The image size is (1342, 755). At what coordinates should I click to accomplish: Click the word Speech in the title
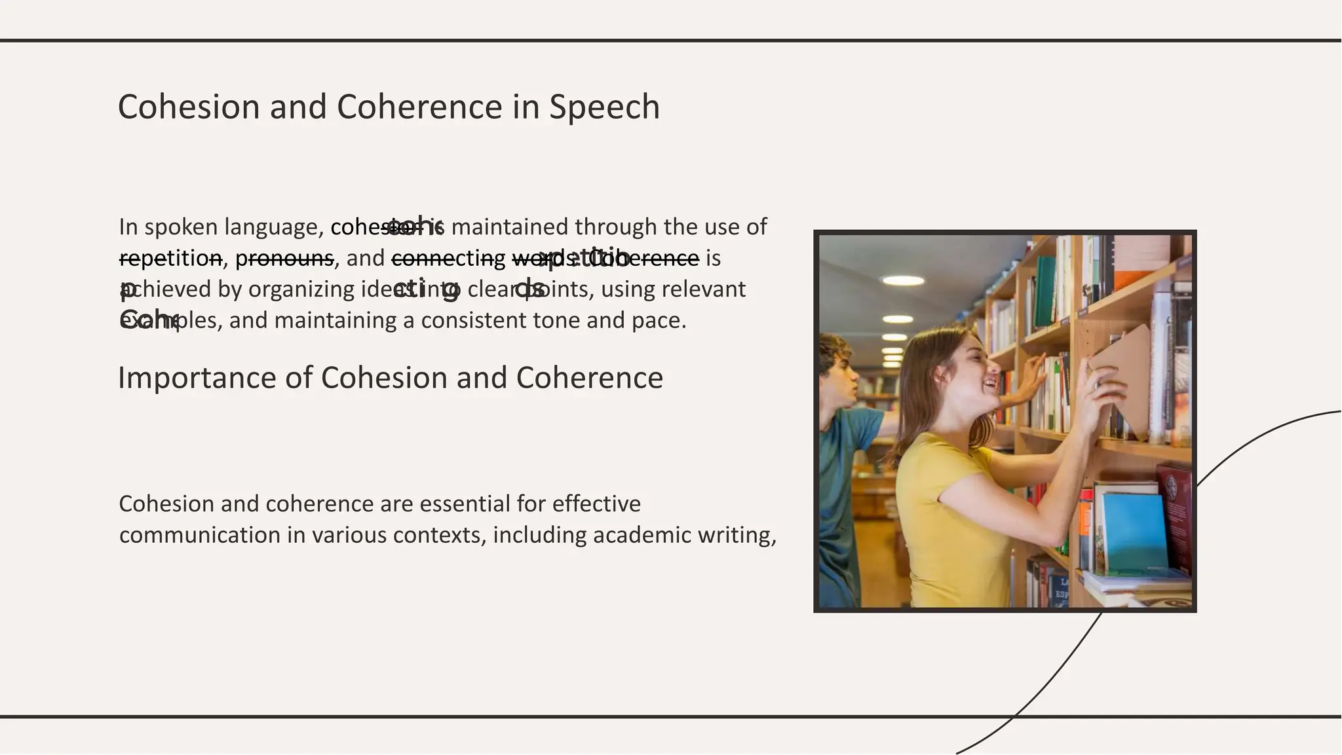coord(604,107)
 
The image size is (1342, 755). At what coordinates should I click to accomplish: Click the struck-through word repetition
coord(170,258)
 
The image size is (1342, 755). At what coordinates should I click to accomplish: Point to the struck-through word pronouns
coord(284,258)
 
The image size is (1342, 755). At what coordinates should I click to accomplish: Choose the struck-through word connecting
coord(448,258)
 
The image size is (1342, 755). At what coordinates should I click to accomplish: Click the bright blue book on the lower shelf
coord(1134,530)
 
